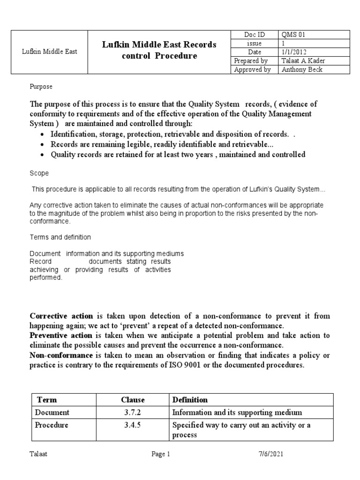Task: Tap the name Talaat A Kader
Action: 303,61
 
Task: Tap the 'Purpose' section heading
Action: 41,87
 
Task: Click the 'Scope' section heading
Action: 39,173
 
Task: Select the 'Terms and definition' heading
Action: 60,237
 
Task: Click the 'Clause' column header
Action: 133,400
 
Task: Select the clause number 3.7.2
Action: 133,412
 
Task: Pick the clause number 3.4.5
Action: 133,425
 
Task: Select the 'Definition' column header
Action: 190,400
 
